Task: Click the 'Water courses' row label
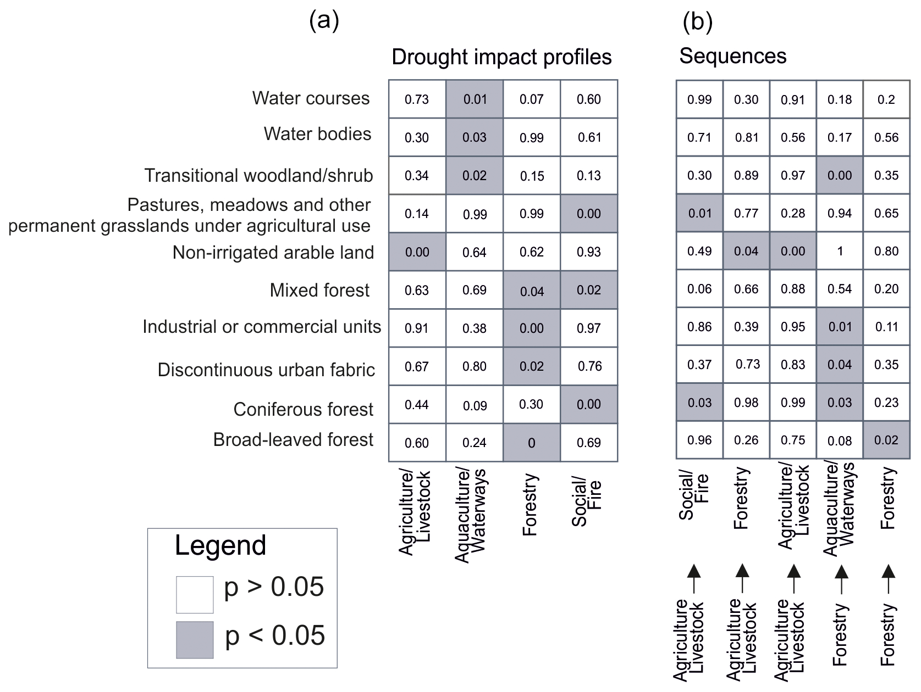(x=311, y=98)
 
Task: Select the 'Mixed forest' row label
(x=319, y=290)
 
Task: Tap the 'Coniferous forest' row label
(x=303, y=409)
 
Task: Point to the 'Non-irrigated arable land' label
(x=273, y=252)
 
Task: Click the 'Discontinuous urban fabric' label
(x=266, y=370)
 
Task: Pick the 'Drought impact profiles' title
(x=501, y=57)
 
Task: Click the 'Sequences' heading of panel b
(x=732, y=56)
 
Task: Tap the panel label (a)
(x=324, y=21)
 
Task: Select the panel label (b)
(x=697, y=22)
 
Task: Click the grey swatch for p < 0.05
(x=195, y=639)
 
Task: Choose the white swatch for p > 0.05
(x=195, y=594)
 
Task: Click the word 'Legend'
(x=220, y=545)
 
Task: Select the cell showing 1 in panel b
(x=840, y=251)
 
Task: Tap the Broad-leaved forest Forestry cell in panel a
(x=531, y=443)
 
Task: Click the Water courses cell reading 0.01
(x=475, y=99)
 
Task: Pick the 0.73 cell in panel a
(x=417, y=99)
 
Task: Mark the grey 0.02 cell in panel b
(x=886, y=440)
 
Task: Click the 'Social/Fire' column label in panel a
(x=587, y=503)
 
